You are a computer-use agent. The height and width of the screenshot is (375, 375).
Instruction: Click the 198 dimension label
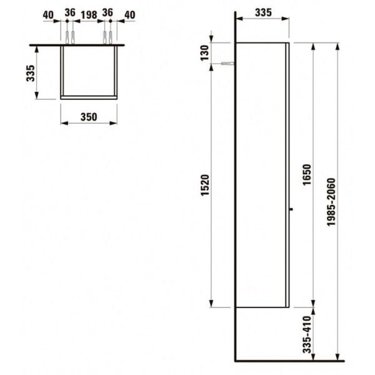pos(89,15)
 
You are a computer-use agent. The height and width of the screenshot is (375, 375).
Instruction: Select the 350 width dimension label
pos(89,117)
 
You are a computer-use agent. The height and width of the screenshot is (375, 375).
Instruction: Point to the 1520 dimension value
pos(205,186)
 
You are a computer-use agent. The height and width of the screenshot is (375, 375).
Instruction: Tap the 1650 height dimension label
pos(307,174)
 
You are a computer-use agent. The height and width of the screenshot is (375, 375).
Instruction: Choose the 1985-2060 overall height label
pos(331,202)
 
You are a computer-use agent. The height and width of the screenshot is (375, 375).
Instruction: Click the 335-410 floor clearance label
pos(307,334)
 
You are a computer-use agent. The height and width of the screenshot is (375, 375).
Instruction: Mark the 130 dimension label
pos(205,53)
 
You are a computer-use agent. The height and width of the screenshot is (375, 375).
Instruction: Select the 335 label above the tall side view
pos(263,12)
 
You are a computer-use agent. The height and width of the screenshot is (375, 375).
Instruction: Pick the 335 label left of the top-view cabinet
pos(31,73)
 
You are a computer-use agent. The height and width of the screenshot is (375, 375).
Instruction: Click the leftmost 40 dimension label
pos(48,15)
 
